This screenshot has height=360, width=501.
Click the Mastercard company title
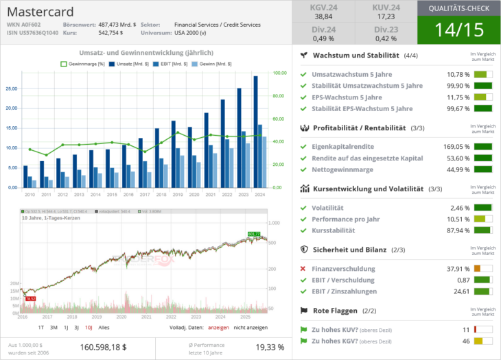click(40, 12)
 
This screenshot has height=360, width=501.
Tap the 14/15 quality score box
click(458, 29)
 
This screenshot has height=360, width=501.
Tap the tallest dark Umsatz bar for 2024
click(255, 130)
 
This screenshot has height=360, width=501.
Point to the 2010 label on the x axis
click(29, 195)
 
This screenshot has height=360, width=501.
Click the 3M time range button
click(54, 328)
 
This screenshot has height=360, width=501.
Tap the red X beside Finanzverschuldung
click(303, 268)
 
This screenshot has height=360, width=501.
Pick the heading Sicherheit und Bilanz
click(349, 250)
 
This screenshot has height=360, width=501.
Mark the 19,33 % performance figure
click(270, 347)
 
